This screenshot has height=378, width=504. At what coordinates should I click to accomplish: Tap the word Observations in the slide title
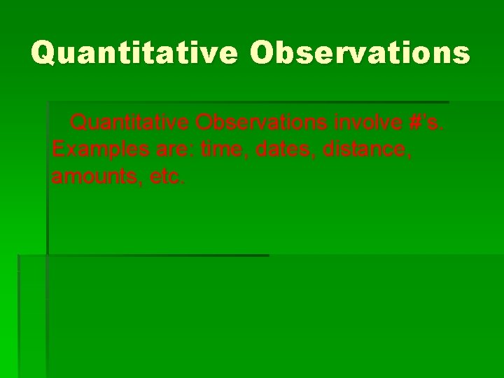pyautogui.click(x=360, y=52)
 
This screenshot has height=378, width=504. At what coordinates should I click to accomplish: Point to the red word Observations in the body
pyautogui.click(x=261, y=123)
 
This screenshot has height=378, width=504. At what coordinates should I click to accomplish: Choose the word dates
pyautogui.click(x=285, y=150)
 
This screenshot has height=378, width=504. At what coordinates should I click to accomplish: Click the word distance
pyautogui.click(x=367, y=150)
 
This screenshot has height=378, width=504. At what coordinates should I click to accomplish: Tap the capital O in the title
pyautogui.click(x=262, y=52)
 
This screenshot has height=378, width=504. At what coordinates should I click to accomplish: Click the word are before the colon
pyautogui.click(x=178, y=150)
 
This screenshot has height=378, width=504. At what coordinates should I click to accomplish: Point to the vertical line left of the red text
pyautogui.click(x=48, y=175)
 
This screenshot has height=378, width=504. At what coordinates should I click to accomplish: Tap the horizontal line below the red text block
pyautogui.click(x=154, y=255)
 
